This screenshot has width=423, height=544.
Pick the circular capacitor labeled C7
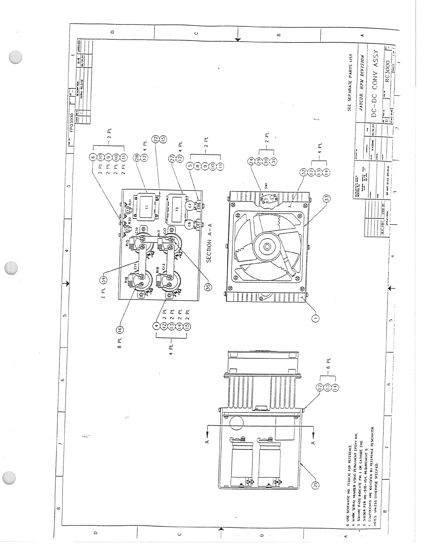tap(190, 205)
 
